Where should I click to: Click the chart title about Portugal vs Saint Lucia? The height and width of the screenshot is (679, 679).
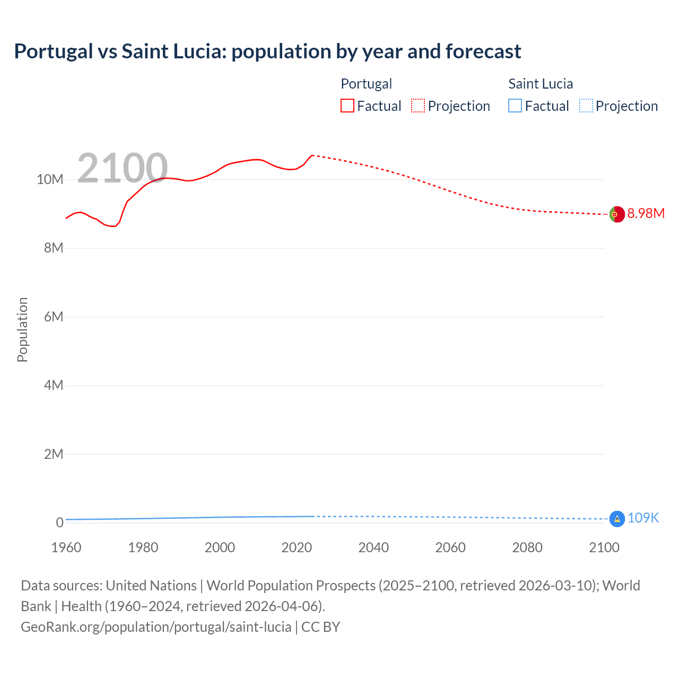tap(267, 51)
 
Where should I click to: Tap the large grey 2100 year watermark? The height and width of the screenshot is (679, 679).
tap(123, 168)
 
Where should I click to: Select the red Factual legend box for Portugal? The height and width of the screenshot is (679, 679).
tap(347, 106)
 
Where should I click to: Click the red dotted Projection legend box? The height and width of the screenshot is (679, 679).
tap(418, 106)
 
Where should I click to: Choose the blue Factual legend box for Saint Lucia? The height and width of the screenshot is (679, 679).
tap(515, 106)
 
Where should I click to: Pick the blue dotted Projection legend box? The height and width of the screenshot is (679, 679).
tap(586, 106)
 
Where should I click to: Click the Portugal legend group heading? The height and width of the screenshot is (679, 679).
tap(366, 84)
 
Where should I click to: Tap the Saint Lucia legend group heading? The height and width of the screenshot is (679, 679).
tap(541, 84)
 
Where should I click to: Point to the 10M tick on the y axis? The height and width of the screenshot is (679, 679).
tap(50, 179)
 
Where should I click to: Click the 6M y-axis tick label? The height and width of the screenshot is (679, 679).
tap(54, 317)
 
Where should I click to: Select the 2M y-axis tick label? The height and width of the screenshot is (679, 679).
tap(54, 454)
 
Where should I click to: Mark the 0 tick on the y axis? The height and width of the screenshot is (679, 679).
tap(59, 523)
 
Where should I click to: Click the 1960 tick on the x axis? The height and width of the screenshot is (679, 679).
tap(66, 547)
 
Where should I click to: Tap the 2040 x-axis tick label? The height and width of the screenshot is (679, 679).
tap(373, 547)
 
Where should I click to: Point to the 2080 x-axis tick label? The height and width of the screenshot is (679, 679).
tap(527, 547)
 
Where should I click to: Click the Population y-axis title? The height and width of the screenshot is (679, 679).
tap(22, 329)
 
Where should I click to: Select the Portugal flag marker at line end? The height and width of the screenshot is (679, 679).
tap(616, 214)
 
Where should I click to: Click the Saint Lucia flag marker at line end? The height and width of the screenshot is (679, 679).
tap(617, 519)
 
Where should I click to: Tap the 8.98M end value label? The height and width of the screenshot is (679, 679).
tap(646, 213)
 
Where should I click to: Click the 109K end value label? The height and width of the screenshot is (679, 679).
tap(643, 518)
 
